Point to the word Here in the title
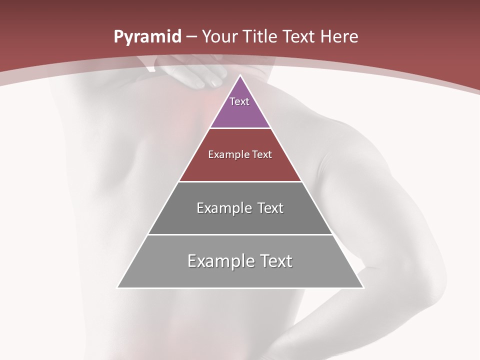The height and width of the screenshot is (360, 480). tap(338, 36)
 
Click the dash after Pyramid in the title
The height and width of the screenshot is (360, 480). tap(191, 37)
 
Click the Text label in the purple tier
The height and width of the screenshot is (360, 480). tap(239, 101)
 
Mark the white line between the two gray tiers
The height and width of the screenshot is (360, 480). tap(240, 234)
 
